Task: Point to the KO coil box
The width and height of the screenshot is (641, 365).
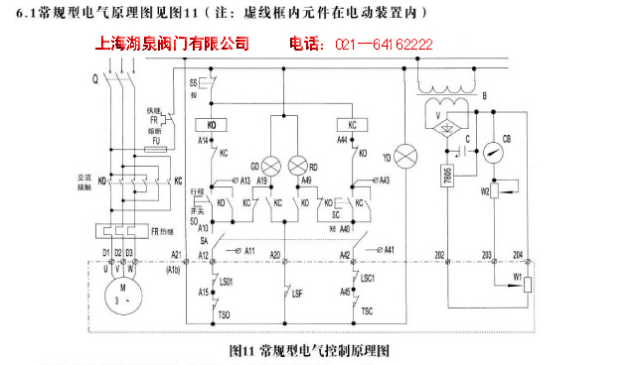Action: point(213,125)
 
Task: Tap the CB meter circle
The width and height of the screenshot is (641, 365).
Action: point(493,153)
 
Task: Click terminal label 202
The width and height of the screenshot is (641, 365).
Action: point(440,255)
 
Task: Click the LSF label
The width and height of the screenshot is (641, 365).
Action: point(297,293)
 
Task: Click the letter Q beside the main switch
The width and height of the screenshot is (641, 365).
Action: point(94,76)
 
